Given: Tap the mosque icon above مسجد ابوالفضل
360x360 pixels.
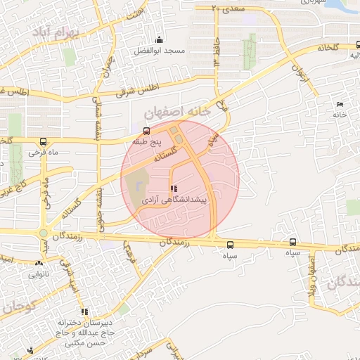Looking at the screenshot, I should coord(160,40).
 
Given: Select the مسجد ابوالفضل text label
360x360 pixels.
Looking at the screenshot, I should coord(160,52).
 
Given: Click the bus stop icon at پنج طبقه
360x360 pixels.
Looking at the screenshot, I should coord(146,130).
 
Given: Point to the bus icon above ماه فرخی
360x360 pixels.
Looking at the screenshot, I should coord(44,141).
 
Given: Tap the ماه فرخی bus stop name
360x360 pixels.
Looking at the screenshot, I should coord(42,151).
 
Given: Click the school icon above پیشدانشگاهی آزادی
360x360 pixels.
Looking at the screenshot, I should coord(174,188).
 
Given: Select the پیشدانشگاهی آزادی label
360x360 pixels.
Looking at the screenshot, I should coord(174,200).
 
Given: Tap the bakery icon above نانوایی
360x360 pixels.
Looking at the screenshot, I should coord(39,263).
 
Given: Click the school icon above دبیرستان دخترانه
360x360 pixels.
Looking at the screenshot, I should coord(84,311).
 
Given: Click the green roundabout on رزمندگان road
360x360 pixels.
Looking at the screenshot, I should coord(44,233).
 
